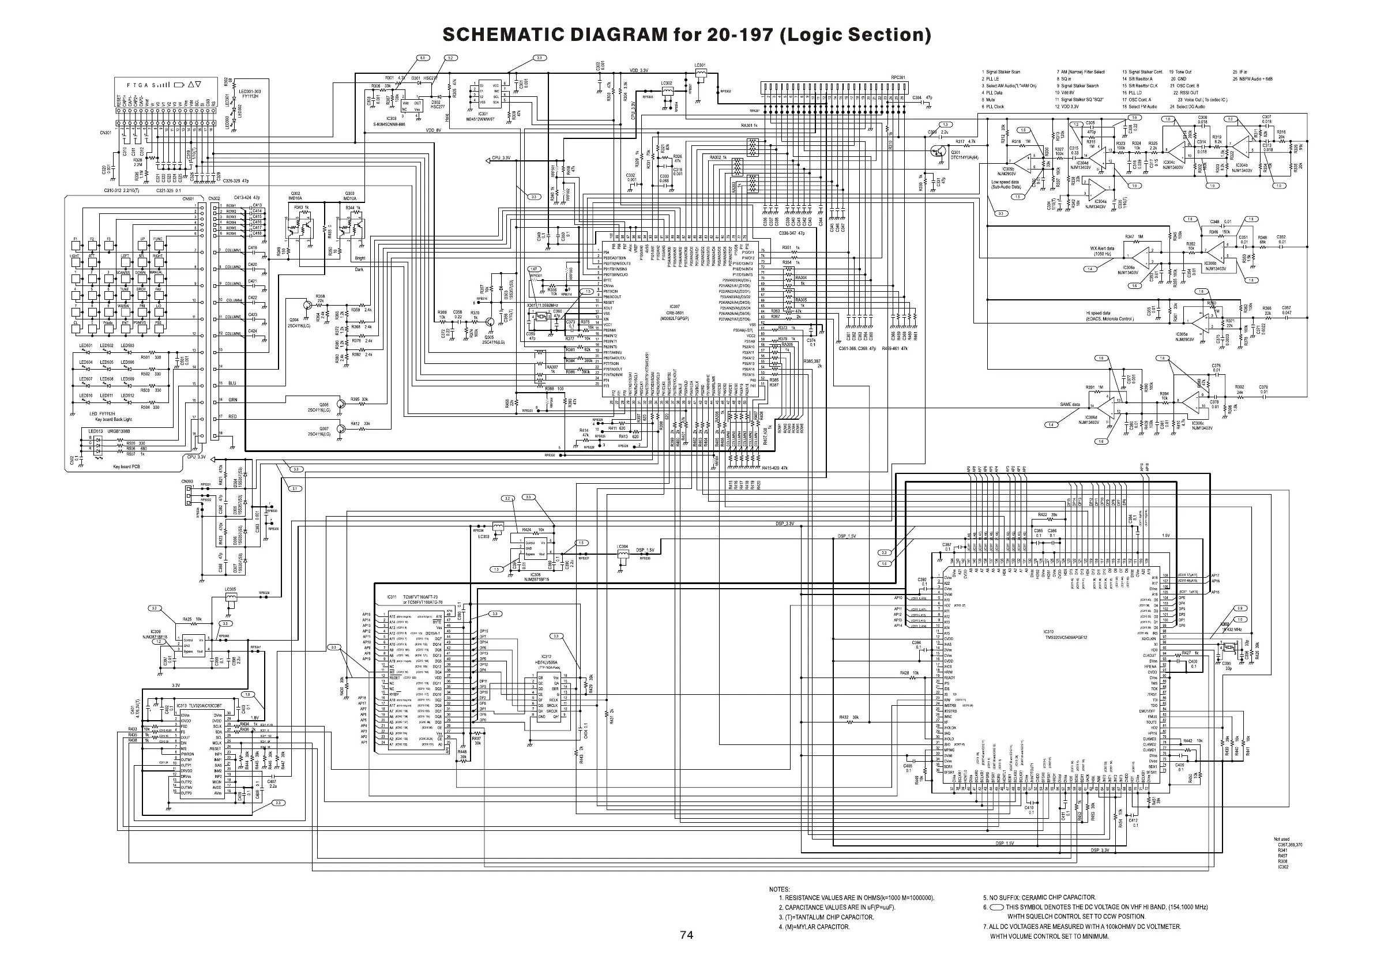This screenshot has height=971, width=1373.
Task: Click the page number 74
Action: point(686,935)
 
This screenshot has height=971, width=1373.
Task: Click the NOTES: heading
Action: point(779,889)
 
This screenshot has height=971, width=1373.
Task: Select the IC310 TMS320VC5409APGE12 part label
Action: point(1065,635)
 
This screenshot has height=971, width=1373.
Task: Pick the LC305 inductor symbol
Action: point(230,597)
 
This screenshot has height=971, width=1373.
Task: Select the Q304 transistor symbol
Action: point(307,304)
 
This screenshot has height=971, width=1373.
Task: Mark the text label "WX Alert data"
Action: point(1101,248)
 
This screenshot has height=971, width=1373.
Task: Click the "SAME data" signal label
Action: point(1069,405)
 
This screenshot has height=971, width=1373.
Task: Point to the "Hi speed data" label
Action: point(1098,313)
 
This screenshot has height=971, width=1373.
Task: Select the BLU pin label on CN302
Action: point(232,383)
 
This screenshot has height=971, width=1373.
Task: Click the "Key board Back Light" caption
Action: point(114,419)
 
